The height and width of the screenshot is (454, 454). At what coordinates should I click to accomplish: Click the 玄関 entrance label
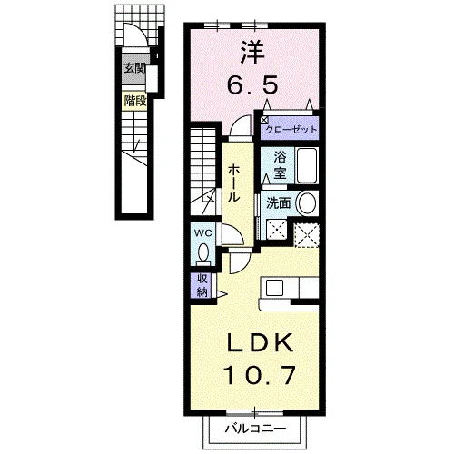tap(135, 69)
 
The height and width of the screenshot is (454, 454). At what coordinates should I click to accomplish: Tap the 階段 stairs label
tap(135, 101)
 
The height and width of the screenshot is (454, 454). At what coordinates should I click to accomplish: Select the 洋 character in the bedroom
tap(252, 53)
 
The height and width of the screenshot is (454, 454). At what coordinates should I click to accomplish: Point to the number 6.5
tap(252, 84)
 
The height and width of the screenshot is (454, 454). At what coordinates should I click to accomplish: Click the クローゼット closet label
tap(291, 130)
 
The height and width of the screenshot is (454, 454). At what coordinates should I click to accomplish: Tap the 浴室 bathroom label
tap(280, 165)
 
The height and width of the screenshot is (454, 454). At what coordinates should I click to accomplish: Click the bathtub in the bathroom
tap(307, 165)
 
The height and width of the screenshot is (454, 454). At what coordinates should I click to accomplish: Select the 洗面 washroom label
tap(279, 203)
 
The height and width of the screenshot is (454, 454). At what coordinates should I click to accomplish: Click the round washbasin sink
tap(307, 203)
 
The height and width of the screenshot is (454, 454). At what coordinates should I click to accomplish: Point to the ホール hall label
tap(234, 183)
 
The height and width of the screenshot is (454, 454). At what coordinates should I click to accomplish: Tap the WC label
tap(203, 233)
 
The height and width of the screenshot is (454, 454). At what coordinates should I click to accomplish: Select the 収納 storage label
tap(202, 286)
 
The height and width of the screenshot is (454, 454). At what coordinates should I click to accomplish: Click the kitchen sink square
tap(274, 288)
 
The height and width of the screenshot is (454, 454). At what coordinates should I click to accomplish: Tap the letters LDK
tap(261, 342)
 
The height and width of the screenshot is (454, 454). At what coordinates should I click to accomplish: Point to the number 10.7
tap(259, 375)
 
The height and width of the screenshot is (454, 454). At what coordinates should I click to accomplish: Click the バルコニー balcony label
tap(256, 429)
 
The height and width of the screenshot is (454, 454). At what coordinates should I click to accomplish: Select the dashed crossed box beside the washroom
tap(307, 235)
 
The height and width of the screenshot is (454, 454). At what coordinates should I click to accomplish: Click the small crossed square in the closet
tap(264, 120)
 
